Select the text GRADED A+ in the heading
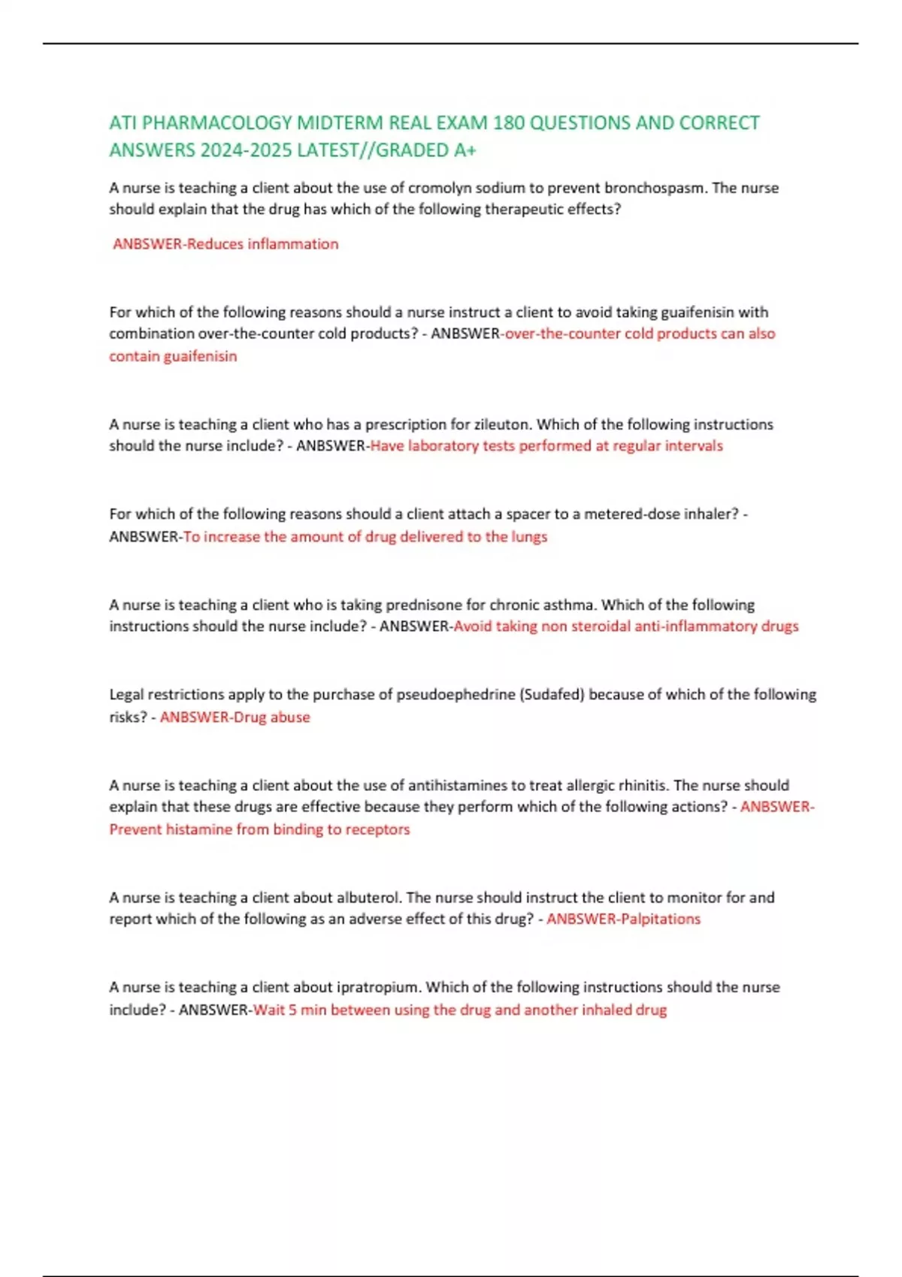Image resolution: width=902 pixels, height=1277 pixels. (x=426, y=150)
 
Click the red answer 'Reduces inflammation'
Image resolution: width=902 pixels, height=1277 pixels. (x=262, y=244)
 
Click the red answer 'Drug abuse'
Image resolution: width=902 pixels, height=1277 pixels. (x=271, y=717)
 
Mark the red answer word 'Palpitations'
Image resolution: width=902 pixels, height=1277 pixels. (x=661, y=919)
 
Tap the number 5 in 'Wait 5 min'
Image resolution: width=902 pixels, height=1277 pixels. (x=293, y=1010)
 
